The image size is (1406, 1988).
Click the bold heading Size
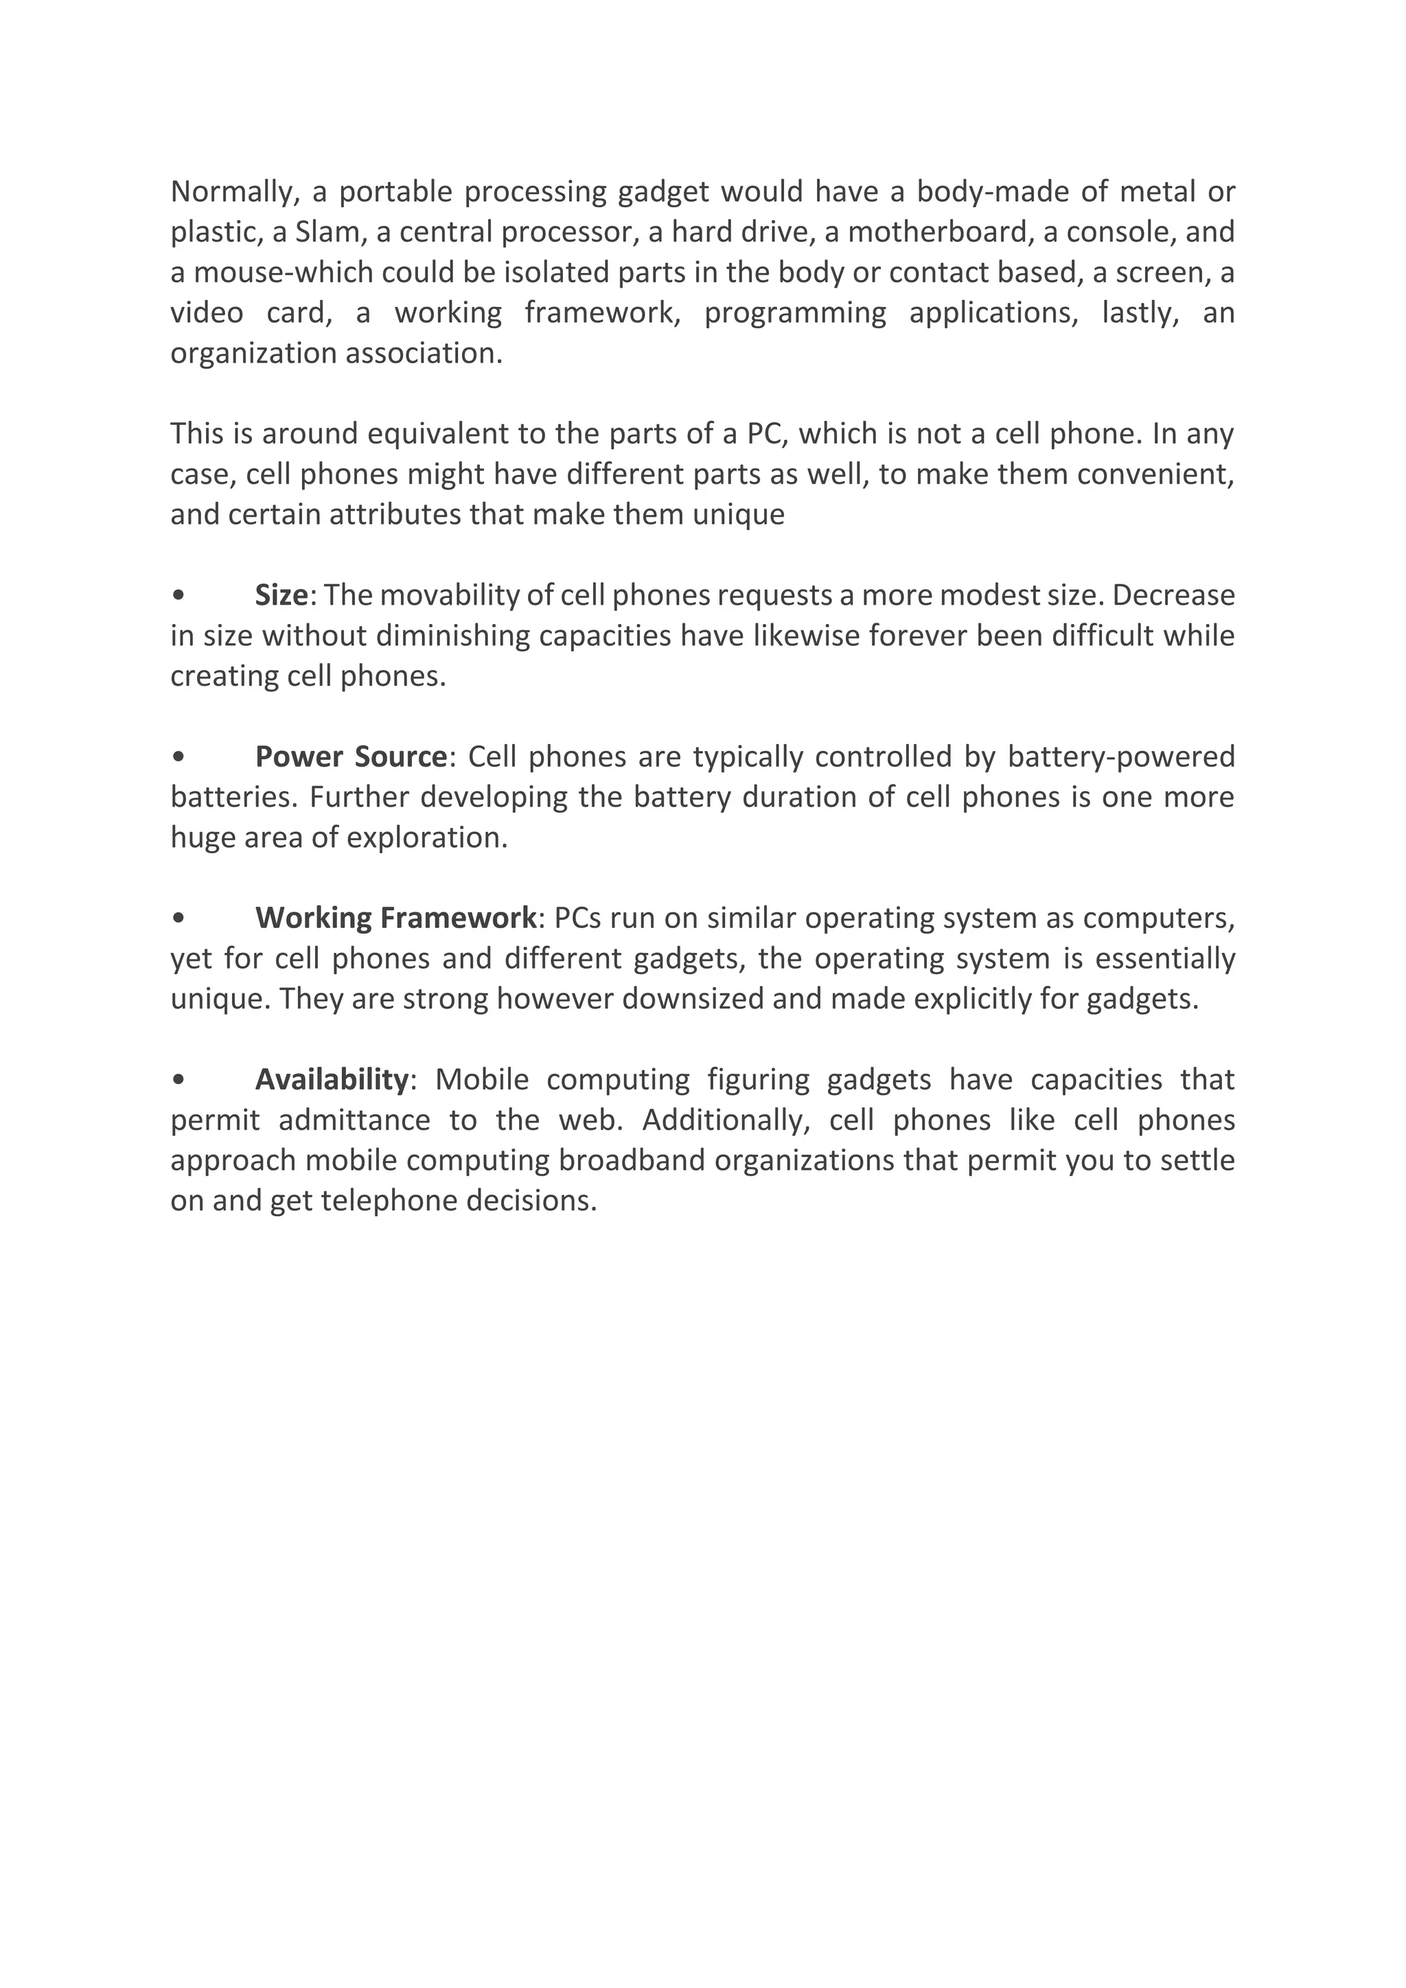pyautogui.click(x=281, y=595)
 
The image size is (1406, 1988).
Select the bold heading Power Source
pyautogui.click(x=351, y=756)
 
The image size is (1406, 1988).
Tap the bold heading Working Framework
pyautogui.click(x=395, y=918)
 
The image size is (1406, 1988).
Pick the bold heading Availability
pyautogui.click(x=332, y=1080)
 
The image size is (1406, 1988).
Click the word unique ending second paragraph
pyautogui.click(x=745, y=515)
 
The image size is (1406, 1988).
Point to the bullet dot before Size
pyautogui.click(x=178, y=596)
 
